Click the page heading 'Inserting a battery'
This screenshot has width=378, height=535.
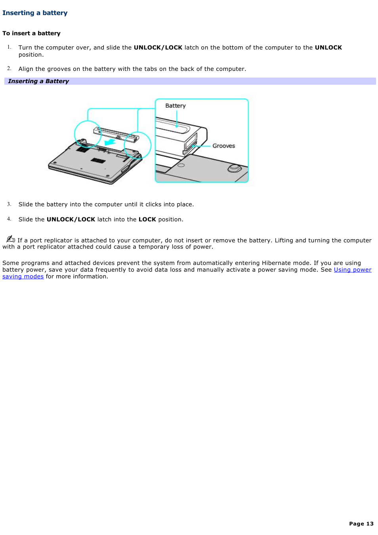click(35, 13)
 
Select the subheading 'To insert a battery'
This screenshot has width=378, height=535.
click(31, 33)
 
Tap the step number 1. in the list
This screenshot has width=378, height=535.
click(9, 47)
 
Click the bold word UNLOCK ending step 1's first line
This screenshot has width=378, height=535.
click(328, 48)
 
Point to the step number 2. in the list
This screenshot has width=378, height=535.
click(9, 69)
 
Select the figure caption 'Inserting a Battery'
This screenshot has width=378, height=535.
click(38, 81)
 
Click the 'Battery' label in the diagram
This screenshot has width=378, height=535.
click(175, 106)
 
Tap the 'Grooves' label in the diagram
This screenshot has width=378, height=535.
click(223, 146)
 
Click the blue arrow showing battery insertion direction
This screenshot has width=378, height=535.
click(109, 142)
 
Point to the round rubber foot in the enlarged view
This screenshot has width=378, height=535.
click(234, 168)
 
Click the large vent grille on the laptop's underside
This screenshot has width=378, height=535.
click(98, 160)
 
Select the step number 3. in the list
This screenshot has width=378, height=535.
click(9, 204)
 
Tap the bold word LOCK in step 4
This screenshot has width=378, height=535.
click(147, 219)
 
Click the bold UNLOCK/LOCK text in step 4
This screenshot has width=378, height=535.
click(71, 219)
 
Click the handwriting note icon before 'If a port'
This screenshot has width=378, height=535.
click(10, 239)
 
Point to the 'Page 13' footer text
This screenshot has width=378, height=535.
click(361, 524)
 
